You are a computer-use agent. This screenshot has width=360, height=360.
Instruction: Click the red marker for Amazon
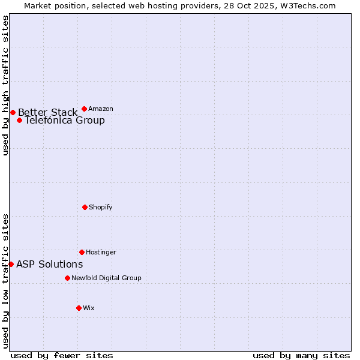(x=84, y=109)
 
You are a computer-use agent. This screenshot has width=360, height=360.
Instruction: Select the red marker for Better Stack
(x=13, y=112)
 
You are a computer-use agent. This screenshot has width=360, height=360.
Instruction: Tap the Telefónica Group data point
(x=19, y=120)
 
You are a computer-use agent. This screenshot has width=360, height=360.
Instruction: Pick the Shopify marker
(x=85, y=207)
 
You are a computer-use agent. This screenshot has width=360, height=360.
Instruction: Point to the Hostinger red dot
(x=82, y=252)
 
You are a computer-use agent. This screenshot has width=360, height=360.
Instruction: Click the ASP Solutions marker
(x=11, y=264)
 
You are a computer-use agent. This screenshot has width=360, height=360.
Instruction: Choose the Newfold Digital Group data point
(x=67, y=278)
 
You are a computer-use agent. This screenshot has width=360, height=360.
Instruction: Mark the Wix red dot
(x=79, y=308)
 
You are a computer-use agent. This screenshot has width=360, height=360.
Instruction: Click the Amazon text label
(x=101, y=109)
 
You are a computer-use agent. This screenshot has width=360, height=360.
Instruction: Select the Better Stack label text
(x=47, y=112)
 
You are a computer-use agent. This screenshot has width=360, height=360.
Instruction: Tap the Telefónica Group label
(x=64, y=120)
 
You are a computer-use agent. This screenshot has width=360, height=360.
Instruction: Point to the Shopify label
(x=101, y=207)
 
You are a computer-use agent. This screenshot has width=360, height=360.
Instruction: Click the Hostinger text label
(x=101, y=252)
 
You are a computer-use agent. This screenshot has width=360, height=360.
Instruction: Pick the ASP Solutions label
(x=49, y=264)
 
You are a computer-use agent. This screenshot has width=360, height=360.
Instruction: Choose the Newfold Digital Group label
(x=106, y=278)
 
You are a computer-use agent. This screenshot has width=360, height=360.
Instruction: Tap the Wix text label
(x=89, y=308)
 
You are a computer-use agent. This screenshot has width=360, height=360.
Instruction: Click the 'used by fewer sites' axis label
(x=62, y=355)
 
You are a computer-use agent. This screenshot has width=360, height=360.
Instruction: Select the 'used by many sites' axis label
(x=301, y=355)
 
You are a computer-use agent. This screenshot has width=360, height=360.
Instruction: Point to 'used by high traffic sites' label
(x=5, y=85)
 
